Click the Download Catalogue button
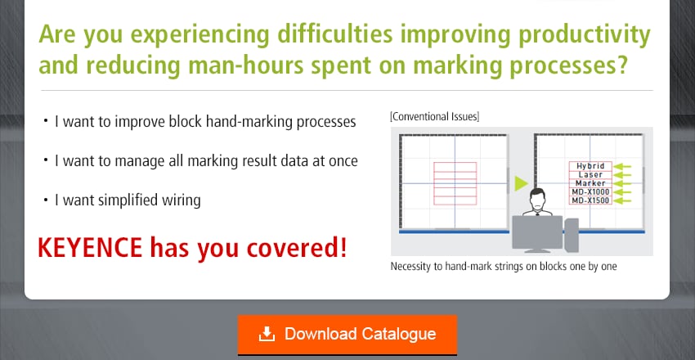347,335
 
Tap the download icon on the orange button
267,334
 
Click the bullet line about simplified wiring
127,200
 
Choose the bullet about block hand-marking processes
204,122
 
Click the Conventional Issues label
435,117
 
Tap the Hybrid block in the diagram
590,165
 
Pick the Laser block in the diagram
590,174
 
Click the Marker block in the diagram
590,183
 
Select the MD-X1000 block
590,192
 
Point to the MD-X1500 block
590,201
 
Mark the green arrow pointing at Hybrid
624,165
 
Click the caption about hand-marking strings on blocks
503,267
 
